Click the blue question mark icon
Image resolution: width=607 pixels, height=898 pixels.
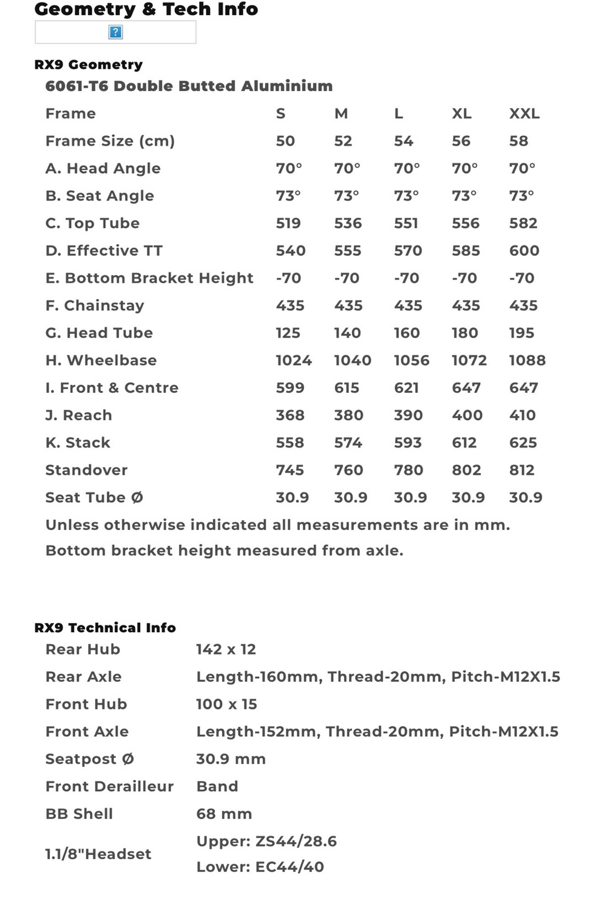(115, 32)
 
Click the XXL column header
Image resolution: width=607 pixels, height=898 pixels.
(524, 114)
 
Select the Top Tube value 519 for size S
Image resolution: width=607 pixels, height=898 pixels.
(288, 223)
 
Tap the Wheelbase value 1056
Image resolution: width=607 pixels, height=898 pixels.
(411, 361)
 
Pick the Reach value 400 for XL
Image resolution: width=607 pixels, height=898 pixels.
(467, 415)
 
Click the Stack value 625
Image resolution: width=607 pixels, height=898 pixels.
(523, 443)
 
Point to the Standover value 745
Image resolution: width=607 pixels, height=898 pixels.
(290, 470)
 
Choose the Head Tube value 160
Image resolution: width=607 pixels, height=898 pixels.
(406, 333)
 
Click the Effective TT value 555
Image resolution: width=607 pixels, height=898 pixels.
(347, 251)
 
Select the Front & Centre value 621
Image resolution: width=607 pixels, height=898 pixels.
(406, 388)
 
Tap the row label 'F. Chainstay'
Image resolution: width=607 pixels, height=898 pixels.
(95, 305)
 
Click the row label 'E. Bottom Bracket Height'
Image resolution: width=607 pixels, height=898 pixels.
(149, 278)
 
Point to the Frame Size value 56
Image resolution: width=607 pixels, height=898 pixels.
(461, 141)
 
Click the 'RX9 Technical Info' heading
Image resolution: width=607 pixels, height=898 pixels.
(105, 628)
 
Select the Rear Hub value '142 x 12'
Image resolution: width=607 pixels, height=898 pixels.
(226, 650)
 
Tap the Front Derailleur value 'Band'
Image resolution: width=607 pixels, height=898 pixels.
(217, 786)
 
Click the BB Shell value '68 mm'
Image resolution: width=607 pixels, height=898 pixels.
(223, 814)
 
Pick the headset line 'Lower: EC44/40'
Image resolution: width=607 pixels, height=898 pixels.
(260, 867)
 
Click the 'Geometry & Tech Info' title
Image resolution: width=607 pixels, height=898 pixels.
(146, 9)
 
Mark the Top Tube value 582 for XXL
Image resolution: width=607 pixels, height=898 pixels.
(523, 223)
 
